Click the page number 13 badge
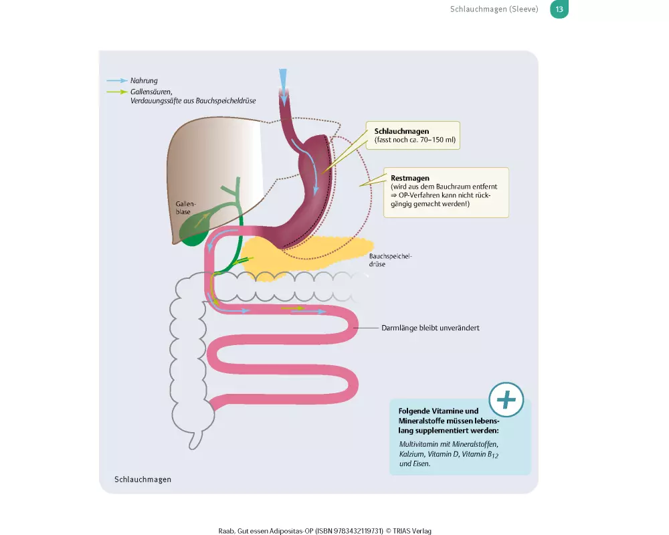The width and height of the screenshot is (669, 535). [x=559, y=9]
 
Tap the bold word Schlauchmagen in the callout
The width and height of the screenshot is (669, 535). [x=401, y=131]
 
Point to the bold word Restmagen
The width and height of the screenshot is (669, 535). [x=410, y=178]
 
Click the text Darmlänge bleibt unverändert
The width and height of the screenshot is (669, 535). [x=430, y=328]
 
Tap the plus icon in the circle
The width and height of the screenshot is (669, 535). [x=506, y=400]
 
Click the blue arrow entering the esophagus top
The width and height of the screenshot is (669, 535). [x=284, y=84]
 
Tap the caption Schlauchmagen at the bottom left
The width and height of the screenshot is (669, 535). [x=142, y=479]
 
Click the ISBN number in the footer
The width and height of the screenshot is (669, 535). [x=349, y=530]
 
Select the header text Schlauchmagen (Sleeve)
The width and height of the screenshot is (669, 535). [x=494, y=9]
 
